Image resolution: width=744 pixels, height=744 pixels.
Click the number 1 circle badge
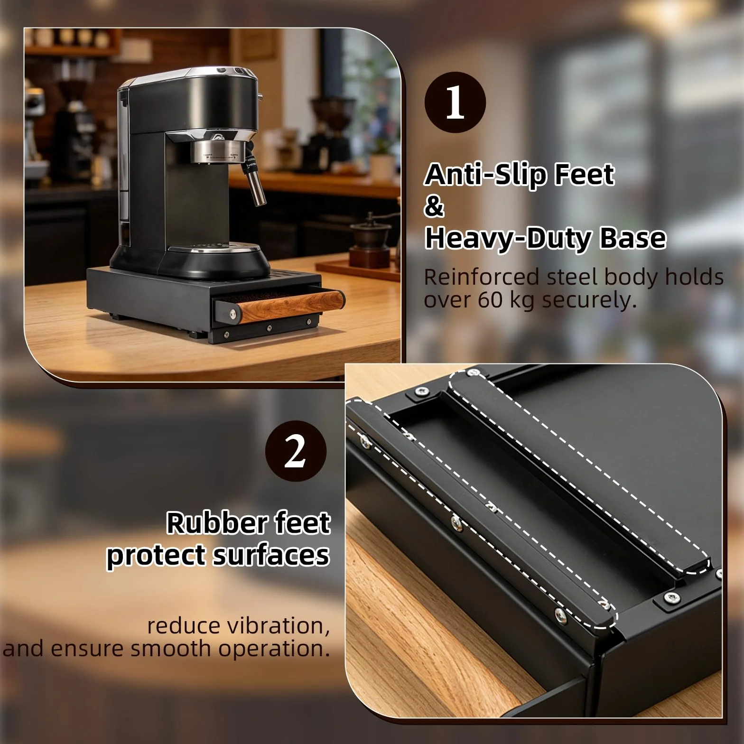[x=455, y=102]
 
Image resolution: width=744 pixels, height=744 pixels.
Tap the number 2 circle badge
[x=296, y=451]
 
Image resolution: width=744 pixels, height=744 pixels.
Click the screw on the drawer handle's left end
[x=233, y=313]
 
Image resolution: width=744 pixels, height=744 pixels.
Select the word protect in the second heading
[x=155, y=555]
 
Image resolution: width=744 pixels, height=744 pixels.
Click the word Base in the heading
[x=633, y=238]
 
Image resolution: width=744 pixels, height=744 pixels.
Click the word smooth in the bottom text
[x=173, y=648]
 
